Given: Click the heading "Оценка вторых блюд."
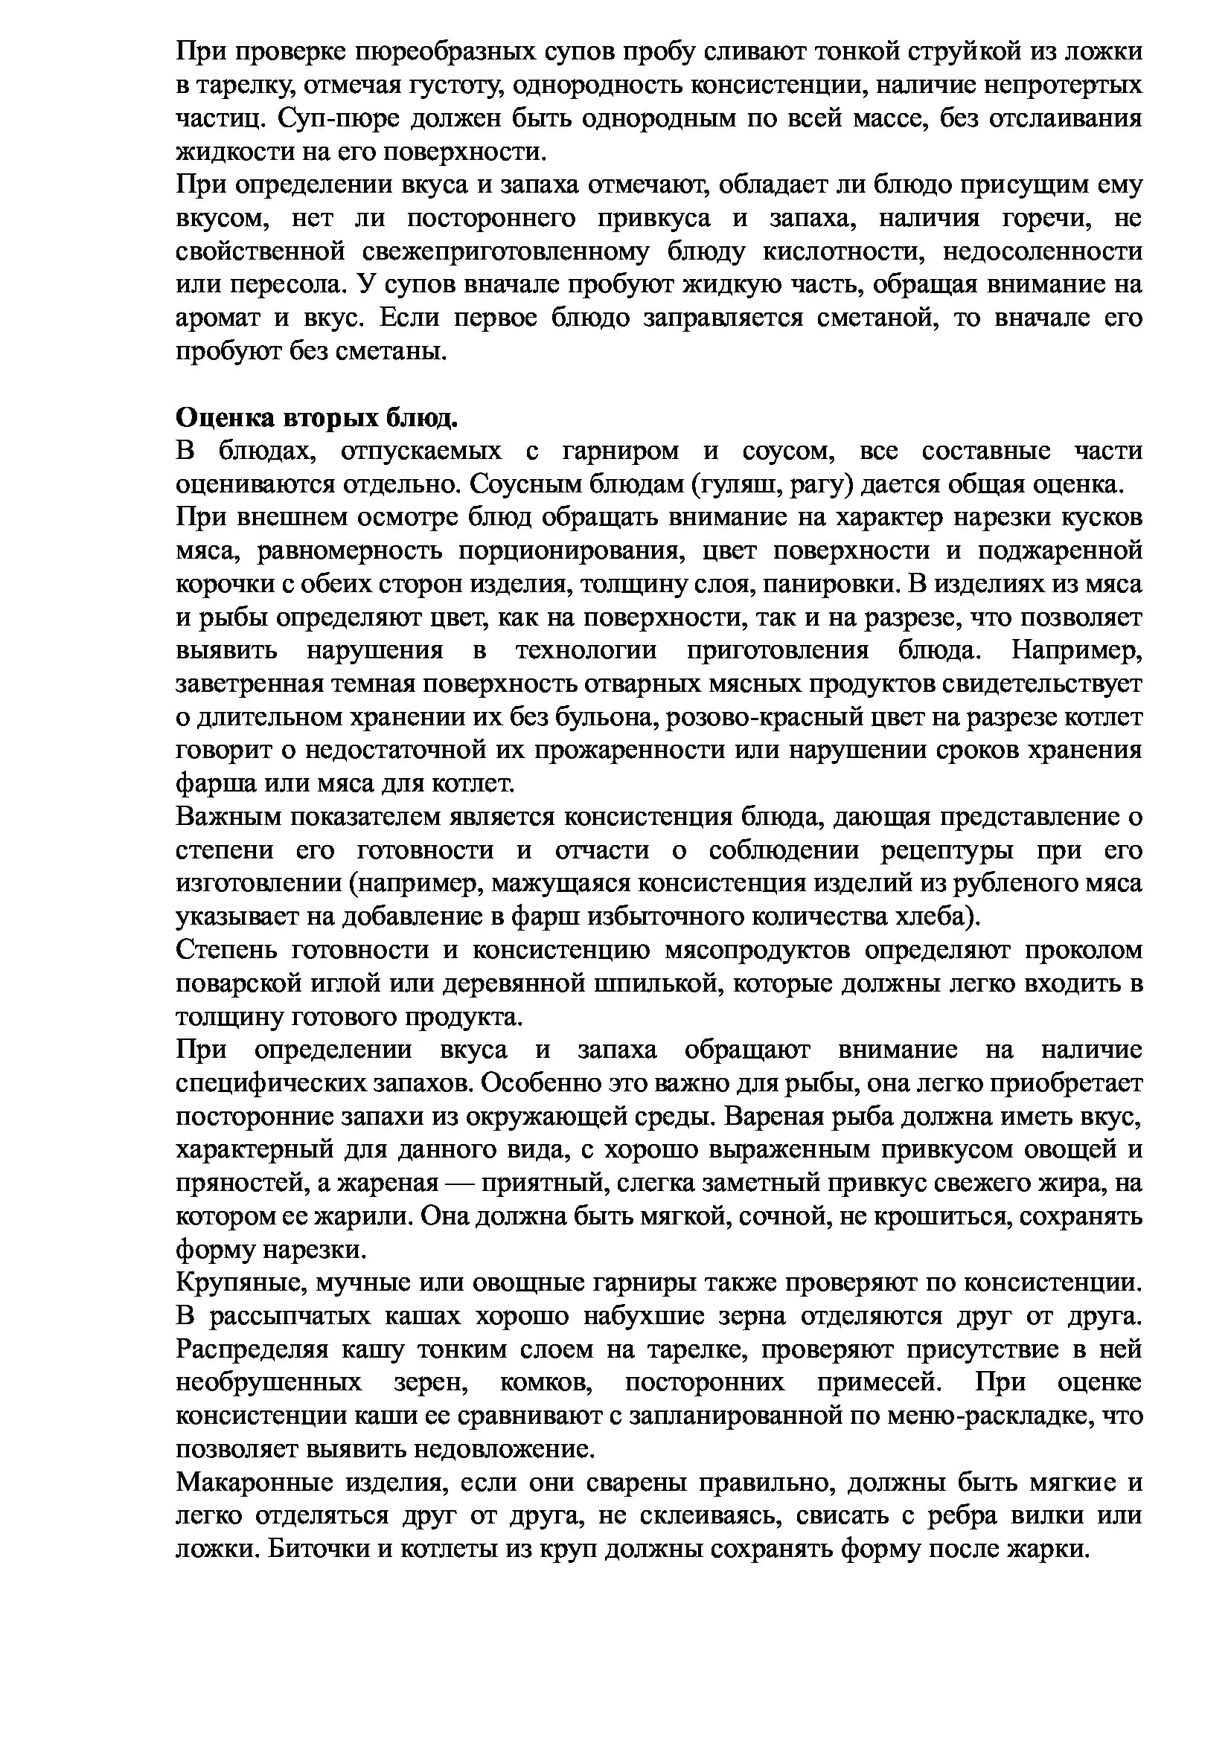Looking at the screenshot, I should click(x=317, y=417).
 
